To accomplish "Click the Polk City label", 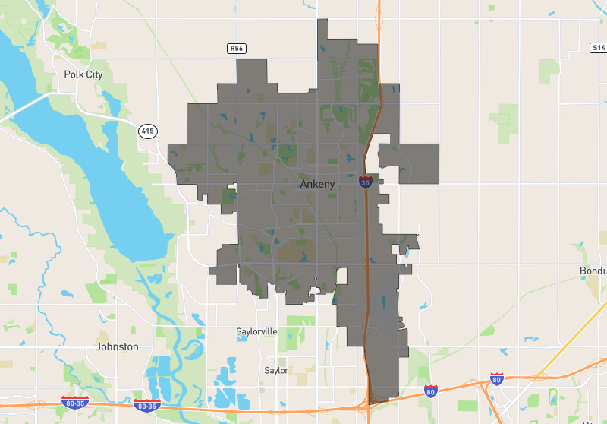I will coord(83,74).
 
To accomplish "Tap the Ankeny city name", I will coord(317,184).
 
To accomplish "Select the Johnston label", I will coord(118,346).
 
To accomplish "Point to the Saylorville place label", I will coord(256,332).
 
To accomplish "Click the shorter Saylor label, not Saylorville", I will coord(276,371).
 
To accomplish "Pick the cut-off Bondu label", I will coord(593,271).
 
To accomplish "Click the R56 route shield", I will coord(237,49).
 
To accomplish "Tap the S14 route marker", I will coord(598,48).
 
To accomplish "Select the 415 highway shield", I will coord(147,131).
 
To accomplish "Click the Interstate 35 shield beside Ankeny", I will coord(365,183).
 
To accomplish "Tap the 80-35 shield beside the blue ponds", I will coord(147,405).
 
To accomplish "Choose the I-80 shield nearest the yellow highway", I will coord(496,378).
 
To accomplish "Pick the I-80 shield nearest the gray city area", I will coord(430,391).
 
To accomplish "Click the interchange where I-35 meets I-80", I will coord(372,403).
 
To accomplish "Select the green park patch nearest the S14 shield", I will coord(549,71).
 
